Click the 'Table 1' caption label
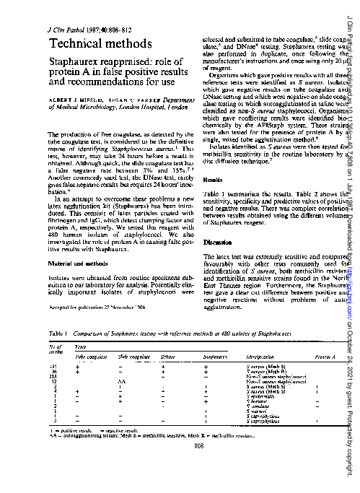point(58,334)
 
